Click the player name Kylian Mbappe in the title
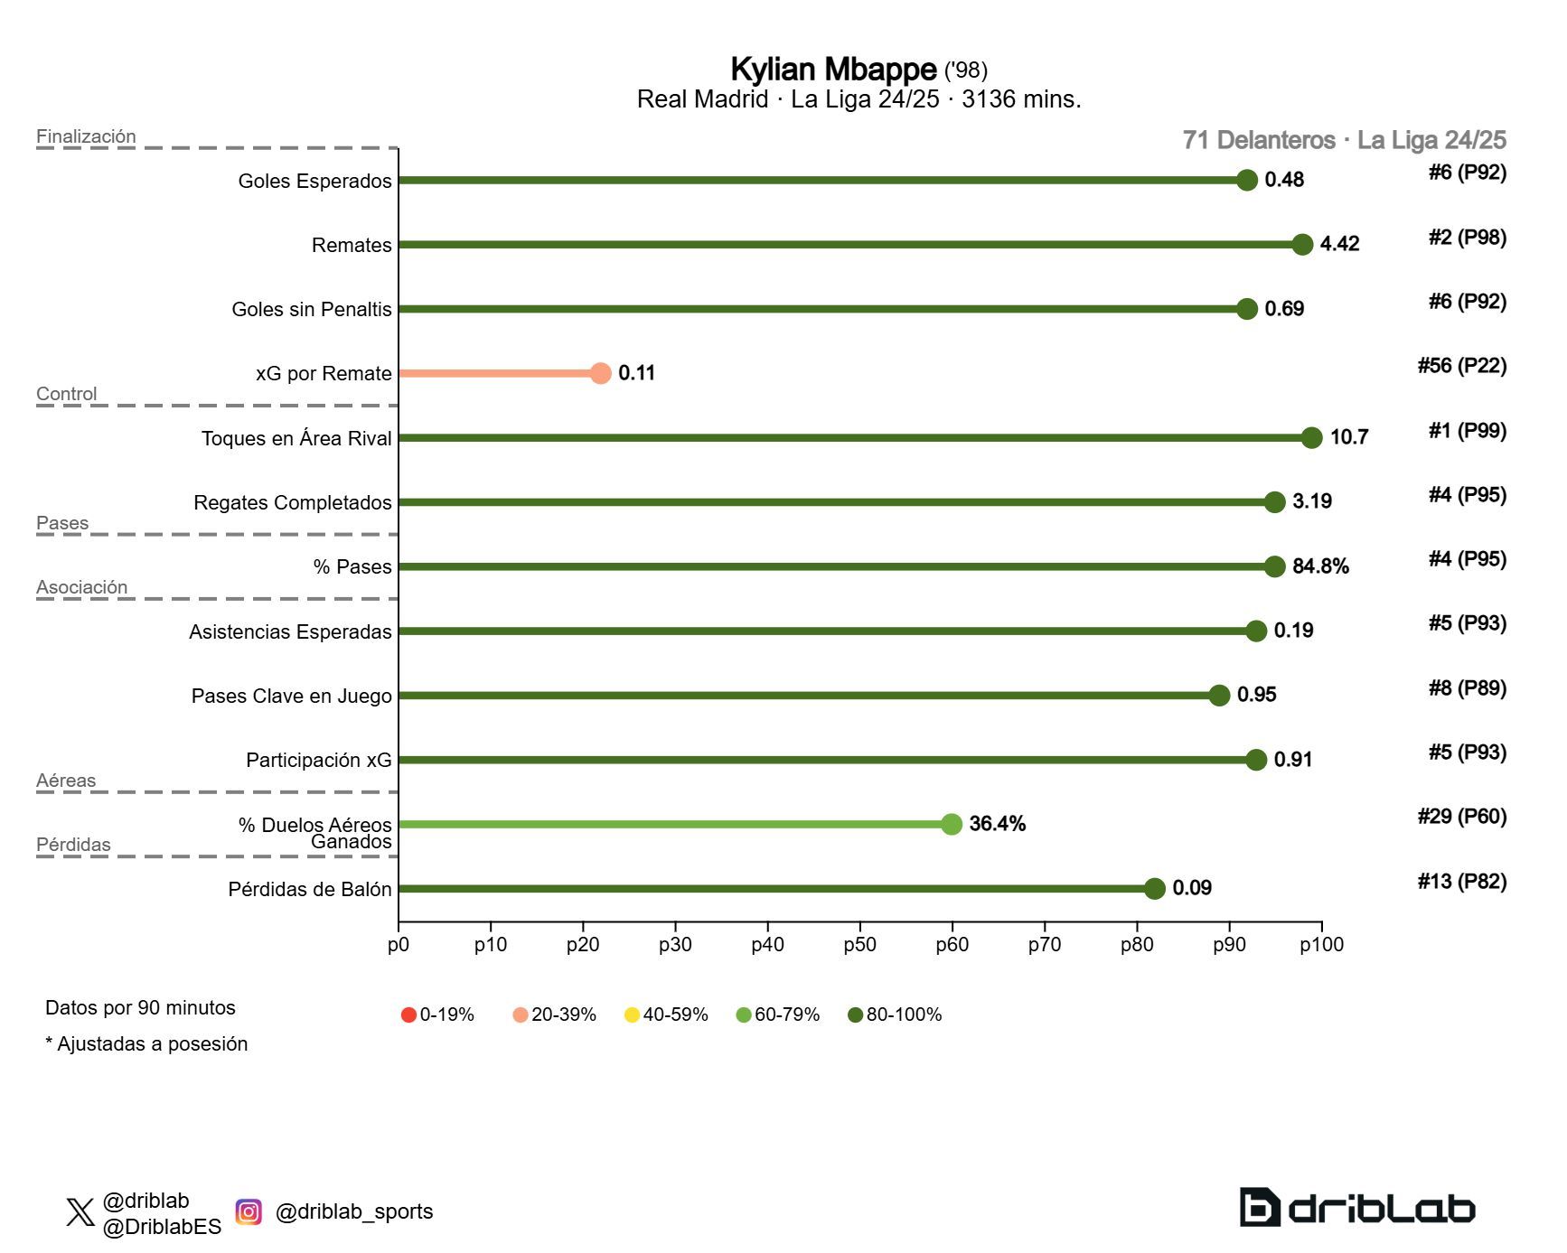coord(832,70)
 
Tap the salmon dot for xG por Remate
coord(601,373)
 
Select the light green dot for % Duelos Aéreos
coord(952,824)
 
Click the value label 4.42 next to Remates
coord(1339,244)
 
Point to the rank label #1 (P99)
coord(1467,431)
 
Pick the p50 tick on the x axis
coord(859,945)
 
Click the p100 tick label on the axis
coord(1321,945)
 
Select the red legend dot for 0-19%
coord(408,1015)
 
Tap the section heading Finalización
coord(86,136)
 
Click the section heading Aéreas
coord(66,781)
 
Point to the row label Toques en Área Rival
coord(296,439)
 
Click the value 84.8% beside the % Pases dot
coord(1320,566)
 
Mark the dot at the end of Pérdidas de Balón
coord(1155,889)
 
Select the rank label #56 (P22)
coord(1461,366)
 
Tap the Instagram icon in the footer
coord(249,1211)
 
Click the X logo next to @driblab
coord(80,1212)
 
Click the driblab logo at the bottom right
coord(1356,1208)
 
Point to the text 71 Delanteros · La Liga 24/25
coord(1344,140)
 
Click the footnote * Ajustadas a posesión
coord(146,1044)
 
